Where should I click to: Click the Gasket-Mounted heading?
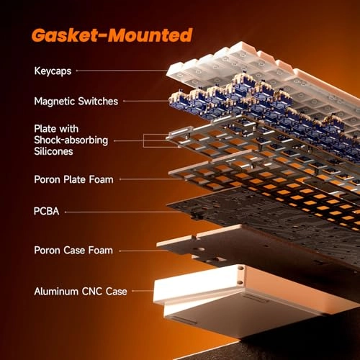tap(112, 35)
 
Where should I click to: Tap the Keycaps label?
tap(53, 71)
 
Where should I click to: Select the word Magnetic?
tap(55, 102)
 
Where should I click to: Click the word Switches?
tap(98, 101)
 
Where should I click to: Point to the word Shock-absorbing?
tap(71, 140)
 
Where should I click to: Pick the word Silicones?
tap(53, 151)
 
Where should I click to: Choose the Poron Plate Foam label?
tap(73, 179)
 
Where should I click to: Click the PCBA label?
tap(46, 211)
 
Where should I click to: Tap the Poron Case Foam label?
tap(73, 251)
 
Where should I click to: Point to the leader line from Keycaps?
tap(122, 71)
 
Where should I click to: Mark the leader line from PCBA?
tap(123, 212)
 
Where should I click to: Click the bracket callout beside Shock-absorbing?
tap(143, 140)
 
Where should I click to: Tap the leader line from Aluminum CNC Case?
tap(143, 291)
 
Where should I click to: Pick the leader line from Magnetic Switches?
tap(146, 101)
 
